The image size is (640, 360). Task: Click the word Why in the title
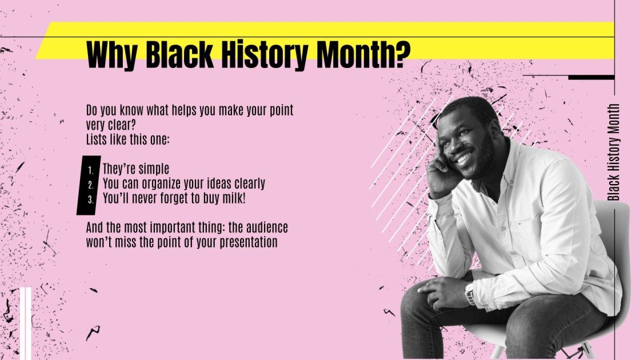[112, 55]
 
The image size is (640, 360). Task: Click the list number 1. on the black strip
[90, 170]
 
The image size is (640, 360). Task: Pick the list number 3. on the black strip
[90, 199]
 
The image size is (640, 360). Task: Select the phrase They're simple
[136, 169]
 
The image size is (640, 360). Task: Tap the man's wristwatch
[470, 294]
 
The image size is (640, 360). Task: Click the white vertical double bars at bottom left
[25, 323]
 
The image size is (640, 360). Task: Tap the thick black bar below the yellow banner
[591, 77]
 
